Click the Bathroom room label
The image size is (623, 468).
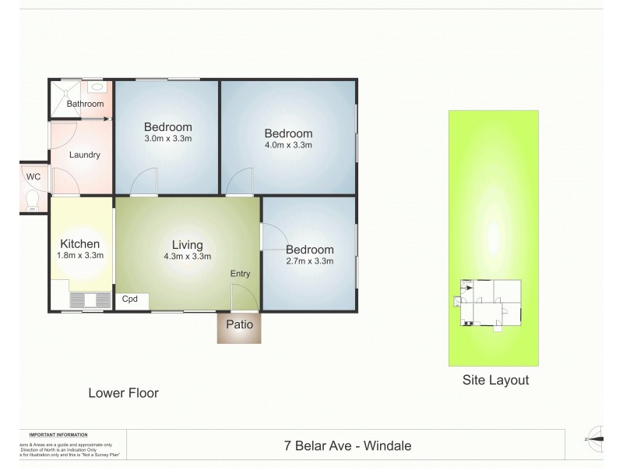click(x=85, y=104)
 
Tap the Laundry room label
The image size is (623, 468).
click(x=85, y=154)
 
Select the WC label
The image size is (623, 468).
click(x=33, y=176)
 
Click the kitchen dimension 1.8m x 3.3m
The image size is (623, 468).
click(x=82, y=255)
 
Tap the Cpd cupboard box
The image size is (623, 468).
click(x=130, y=299)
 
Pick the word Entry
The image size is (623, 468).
click(x=241, y=273)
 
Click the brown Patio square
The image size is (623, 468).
click(x=240, y=325)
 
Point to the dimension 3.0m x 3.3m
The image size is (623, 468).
click(x=168, y=138)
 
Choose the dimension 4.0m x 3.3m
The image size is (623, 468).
click(x=288, y=144)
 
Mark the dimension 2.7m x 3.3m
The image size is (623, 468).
click(x=310, y=261)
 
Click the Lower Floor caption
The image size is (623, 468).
click(x=124, y=393)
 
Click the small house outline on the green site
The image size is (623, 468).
click(x=491, y=303)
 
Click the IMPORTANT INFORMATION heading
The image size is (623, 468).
click(x=58, y=434)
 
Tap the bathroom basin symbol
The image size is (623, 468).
click(x=96, y=88)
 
